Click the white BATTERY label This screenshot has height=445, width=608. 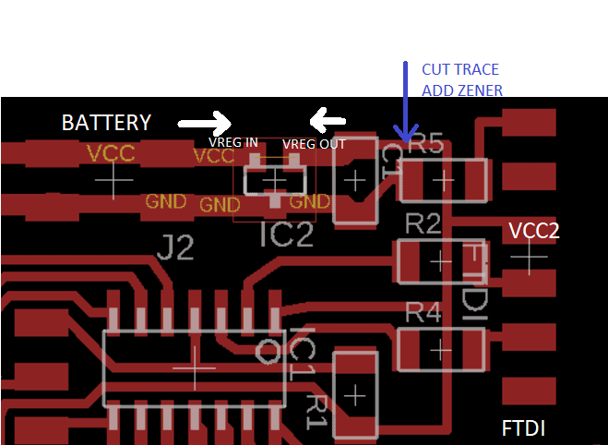[106, 122]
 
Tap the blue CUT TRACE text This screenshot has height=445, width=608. [459, 70]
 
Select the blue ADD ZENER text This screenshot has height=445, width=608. [462, 90]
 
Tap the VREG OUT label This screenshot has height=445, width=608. [314, 144]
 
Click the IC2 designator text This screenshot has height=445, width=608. [286, 236]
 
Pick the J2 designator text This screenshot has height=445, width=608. [175, 247]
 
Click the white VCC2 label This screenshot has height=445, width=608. [534, 231]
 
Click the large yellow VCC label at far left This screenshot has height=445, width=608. [111, 152]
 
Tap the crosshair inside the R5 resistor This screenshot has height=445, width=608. [443, 180]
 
